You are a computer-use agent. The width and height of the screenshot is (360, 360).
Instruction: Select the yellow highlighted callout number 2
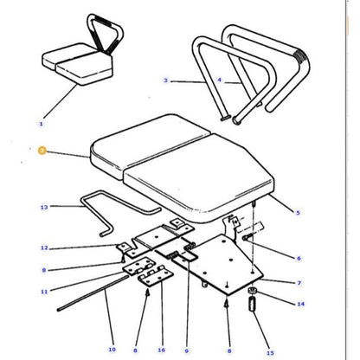[x=41, y=150]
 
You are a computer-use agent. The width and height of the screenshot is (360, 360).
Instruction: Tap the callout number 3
[x=164, y=81]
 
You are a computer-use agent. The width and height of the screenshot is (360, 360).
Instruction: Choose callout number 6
[x=299, y=259]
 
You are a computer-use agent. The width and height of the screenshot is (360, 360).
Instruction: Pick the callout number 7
[x=299, y=283]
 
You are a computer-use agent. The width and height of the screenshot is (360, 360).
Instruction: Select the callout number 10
[x=112, y=350]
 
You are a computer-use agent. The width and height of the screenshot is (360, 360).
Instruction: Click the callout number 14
[x=300, y=305]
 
